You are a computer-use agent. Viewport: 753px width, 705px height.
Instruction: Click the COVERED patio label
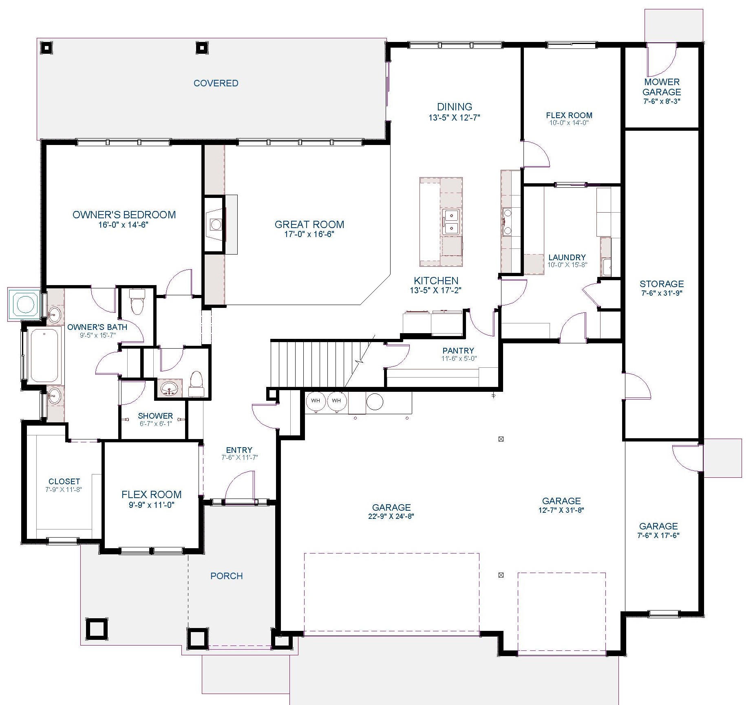(x=216, y=83)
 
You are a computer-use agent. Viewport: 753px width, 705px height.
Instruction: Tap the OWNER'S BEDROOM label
(x=124, y=215)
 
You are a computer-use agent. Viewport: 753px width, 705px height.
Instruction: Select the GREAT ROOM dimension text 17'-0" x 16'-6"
(x=309, y=234)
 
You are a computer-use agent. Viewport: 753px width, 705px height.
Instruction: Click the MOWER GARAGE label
(x=662, y=87)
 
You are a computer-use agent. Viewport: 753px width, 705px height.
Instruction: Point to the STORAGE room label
(x=662, y=284)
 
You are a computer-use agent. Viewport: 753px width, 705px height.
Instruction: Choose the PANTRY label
(x=458, y=351)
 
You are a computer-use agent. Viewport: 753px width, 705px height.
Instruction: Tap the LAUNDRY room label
(x=567, y=257)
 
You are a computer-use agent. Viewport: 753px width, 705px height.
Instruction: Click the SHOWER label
(x=155, y=416)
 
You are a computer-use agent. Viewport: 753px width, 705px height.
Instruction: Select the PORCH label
(x=226, y=576)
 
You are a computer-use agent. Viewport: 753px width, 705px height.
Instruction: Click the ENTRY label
(x=239, y=450)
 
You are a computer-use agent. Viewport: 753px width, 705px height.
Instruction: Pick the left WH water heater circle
(x=316, y=401)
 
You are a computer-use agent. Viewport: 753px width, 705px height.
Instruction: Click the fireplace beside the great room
(x=214, y=224)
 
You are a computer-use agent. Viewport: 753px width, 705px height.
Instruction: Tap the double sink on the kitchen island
(x=451, y=221)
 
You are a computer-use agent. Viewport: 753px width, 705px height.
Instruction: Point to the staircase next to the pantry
(x=322, y=363)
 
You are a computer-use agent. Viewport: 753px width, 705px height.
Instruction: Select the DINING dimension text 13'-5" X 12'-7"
(x=454, y=118)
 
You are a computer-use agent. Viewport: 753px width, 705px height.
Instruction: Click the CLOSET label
(x=64, y=481)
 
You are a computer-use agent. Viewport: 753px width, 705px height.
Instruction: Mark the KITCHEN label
(x=436, y=281)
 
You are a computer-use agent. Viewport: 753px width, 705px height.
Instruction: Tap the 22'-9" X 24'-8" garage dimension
(x=391, y=516)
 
